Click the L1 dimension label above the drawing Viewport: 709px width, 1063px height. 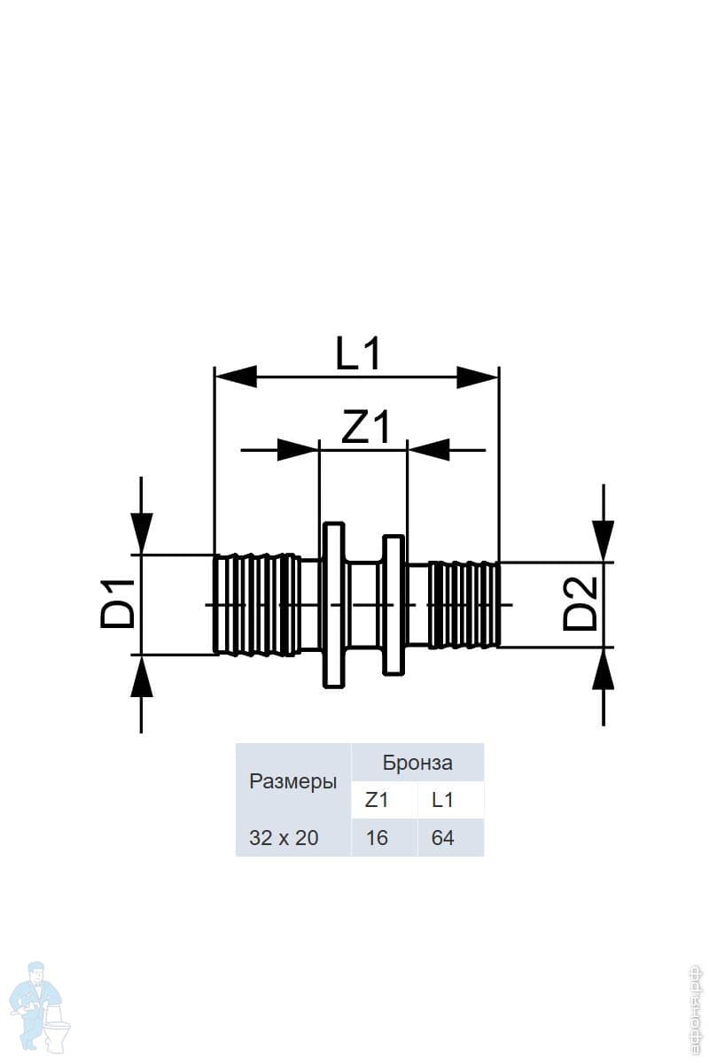pos(358,354)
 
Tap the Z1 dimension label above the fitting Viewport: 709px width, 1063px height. pos(366,429)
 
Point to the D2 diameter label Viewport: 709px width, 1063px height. pos(582,603)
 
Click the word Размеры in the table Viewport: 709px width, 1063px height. pos(292,782)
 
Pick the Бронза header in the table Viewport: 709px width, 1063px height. pos(417,763)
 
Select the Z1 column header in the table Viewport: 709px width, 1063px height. pos(377,800)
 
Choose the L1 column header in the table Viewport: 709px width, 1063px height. pos(442,800)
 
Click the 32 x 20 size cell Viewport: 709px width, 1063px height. pos(284,837)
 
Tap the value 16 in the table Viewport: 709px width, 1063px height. pos(377,837)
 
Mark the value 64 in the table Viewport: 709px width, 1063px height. pos(442,837)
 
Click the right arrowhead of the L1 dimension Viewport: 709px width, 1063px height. pos(479,376)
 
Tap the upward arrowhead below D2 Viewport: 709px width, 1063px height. pos(604,670)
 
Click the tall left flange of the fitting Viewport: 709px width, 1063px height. pos(332,604)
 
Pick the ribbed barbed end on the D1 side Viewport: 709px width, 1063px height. pos(257,604)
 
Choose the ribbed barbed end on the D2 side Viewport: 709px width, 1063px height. pos(463,604)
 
